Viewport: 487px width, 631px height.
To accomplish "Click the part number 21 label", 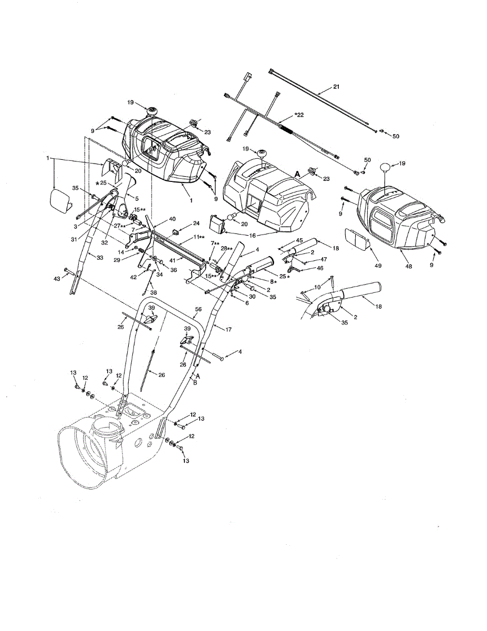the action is pyautogui.click(x=336, y=87).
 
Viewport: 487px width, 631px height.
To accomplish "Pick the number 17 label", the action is pyautogui.click(x=228, y=330).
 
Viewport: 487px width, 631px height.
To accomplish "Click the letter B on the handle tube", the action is pyautogui.click(x=195, y=384).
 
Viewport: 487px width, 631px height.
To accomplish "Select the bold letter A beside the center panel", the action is pyautogui.click(x=298, y=174).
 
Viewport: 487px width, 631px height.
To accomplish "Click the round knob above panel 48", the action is pyautogui.click(x=387, y=168).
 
